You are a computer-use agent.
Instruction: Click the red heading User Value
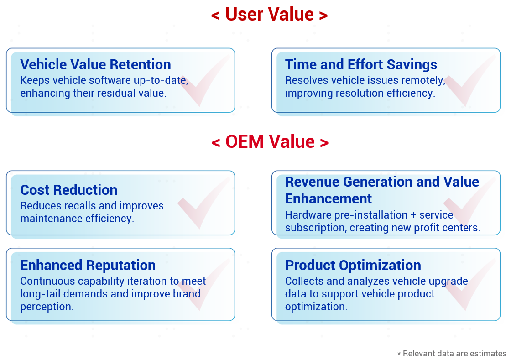(269, 14)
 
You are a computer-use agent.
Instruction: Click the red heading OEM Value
(270, 142)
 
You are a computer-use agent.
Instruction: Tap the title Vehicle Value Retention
(95, 64)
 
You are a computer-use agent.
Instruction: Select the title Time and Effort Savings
(361, 64)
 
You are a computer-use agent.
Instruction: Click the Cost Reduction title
(69, 190)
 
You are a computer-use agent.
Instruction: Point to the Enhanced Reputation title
(88, 265)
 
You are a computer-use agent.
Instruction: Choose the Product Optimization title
(353, 265)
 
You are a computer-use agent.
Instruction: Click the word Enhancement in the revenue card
(328, 198)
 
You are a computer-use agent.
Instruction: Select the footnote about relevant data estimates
(452, 354)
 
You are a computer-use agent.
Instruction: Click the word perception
(47, 307)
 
